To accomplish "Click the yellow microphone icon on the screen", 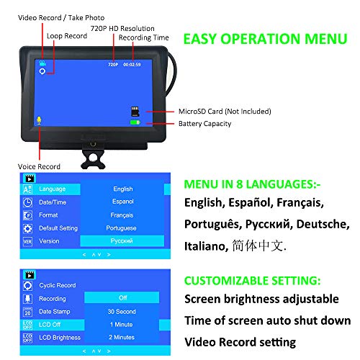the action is coord(39,121).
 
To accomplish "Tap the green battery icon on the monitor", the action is coord(135,122).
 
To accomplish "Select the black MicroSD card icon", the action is coord(135,112).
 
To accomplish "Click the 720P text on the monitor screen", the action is coord(113,65).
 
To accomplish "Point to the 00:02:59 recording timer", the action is coord(132,65).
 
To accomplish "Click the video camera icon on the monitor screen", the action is coord(42,63).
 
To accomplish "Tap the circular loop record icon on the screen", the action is coord(42,71).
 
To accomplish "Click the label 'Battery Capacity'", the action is coord(204,124).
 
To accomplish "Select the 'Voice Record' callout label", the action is coord(39,166).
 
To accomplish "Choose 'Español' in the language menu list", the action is coord(123,202).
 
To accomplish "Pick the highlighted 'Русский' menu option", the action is coord(122,240).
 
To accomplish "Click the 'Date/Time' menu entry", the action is coord(53,202).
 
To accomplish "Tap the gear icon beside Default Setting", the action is coord(27,228).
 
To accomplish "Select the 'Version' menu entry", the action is coord(49,241).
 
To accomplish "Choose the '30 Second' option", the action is coord(122,312).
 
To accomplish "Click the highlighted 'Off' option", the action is coord(122,297).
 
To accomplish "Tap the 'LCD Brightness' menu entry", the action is coord(60,338).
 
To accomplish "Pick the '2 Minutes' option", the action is coord(122,337).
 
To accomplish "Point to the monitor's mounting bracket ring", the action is coord(93,159).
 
